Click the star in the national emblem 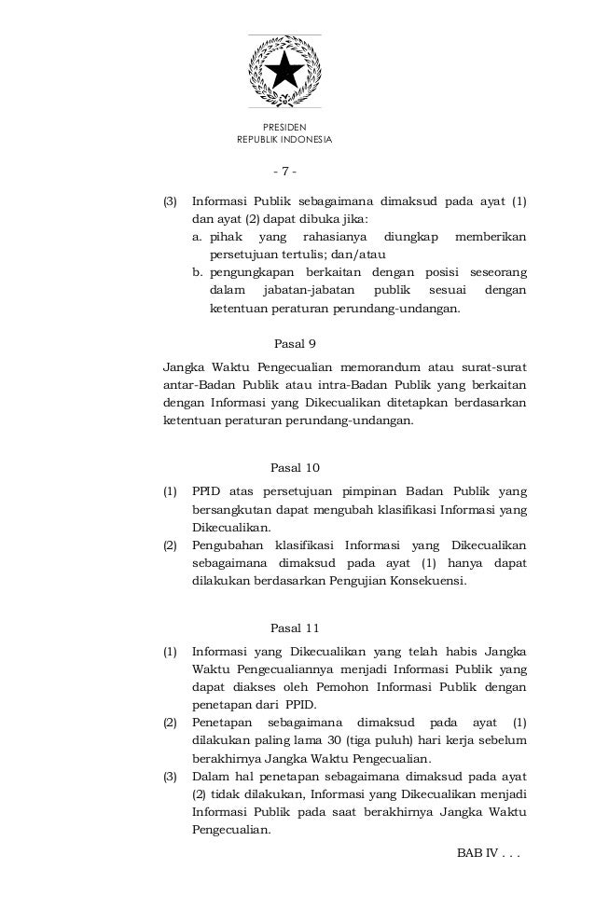[284, 70]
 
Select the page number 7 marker [284, 172]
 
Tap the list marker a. [198, 237]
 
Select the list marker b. [198, 272]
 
